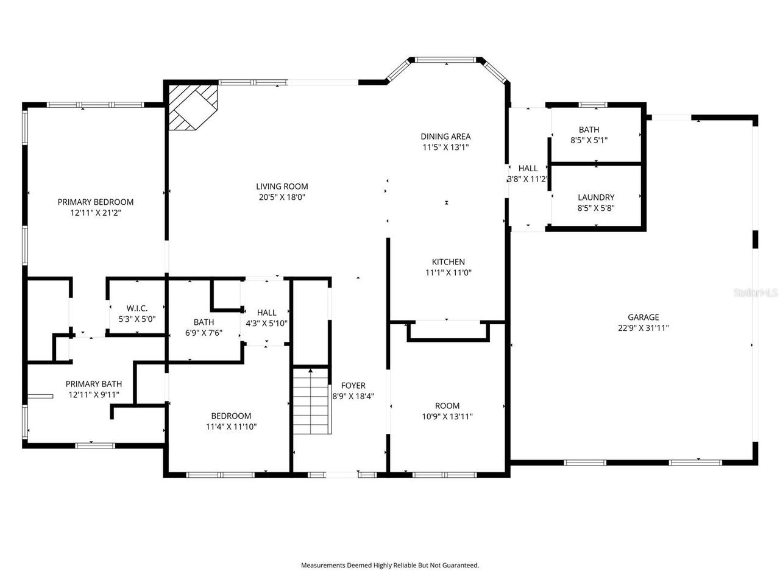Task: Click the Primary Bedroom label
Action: tap(95, 202)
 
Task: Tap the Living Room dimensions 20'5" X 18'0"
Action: tap(282, 197)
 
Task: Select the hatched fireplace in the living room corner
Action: tap(192, 107)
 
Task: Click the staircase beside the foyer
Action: tap(311, 402)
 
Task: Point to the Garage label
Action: tap(643, 317)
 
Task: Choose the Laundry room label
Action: tap(596, 197)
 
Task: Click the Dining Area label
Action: tap(445, 136)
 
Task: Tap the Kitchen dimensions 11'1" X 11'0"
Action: tap(448, 273)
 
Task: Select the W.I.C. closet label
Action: tap(137, 308)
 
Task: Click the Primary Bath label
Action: tap(94, 384)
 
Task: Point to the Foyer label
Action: tap(353, 385)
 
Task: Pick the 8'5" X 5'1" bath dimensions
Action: tap(589, 140)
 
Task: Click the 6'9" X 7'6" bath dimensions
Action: tap(204, 333)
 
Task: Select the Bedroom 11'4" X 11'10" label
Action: tap(231, 421)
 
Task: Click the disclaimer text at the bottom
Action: tap(390, 565)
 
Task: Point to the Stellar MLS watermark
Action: tap(756, 293)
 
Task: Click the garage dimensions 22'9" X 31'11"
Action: tap(643, 328)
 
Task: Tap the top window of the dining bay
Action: tap(448, 60)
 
